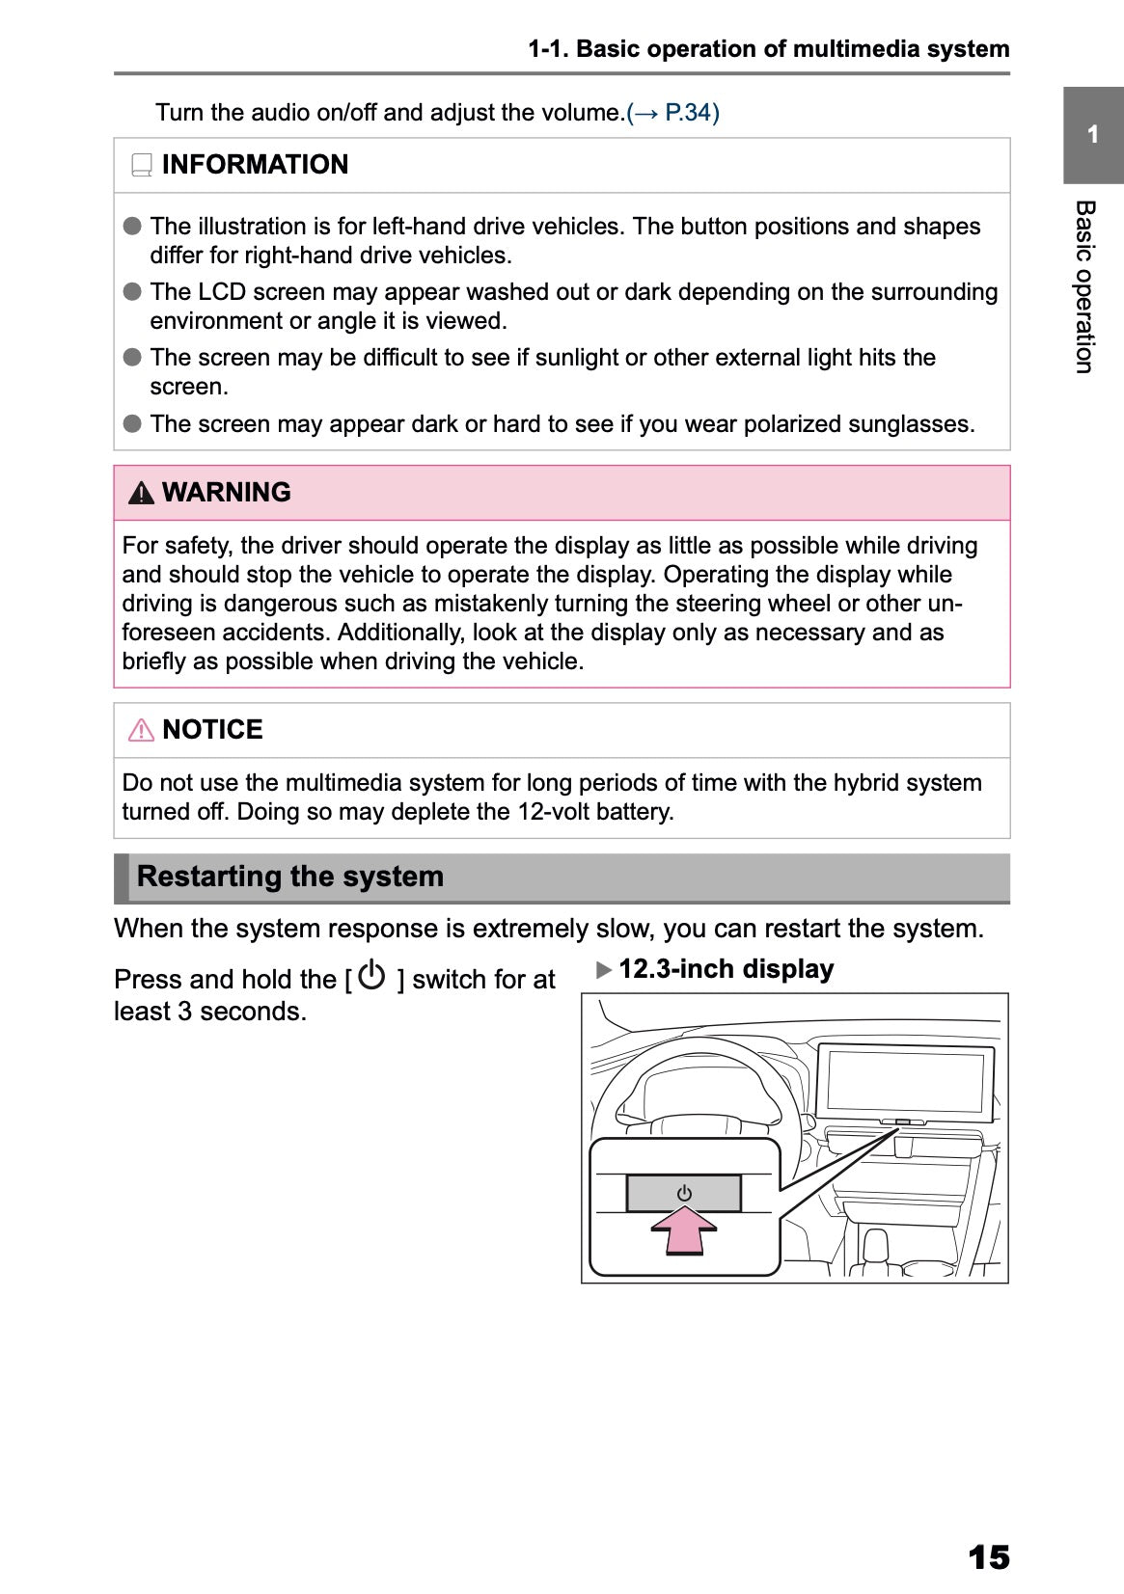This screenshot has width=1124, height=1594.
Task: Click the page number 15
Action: point(988,1556)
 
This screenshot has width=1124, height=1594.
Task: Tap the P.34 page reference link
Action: point(690,113)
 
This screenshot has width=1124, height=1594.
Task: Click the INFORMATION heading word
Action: point(255,165)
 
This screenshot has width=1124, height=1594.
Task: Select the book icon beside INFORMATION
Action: point(142,166)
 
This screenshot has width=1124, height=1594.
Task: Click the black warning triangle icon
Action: point(141,494)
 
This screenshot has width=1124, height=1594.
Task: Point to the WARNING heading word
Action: point(226,493)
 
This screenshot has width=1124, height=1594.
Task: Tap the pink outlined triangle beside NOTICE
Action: point(141,730)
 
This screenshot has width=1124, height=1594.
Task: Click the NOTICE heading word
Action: point(212,730)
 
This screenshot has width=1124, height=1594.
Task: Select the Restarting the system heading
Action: point(290,877)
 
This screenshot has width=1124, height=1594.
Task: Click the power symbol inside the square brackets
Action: point(371,976)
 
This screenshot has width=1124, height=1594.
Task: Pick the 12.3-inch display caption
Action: point(726,969)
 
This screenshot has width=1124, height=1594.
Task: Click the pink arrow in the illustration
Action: point(684,1231)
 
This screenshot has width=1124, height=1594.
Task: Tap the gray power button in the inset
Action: point(684,1193)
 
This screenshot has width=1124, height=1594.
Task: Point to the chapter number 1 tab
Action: point(1093,135)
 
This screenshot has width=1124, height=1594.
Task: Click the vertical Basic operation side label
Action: point(1085,286)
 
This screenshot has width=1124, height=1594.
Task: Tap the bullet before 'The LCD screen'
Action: point(133,292)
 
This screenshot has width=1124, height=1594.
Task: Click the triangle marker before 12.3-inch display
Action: point(605,970)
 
